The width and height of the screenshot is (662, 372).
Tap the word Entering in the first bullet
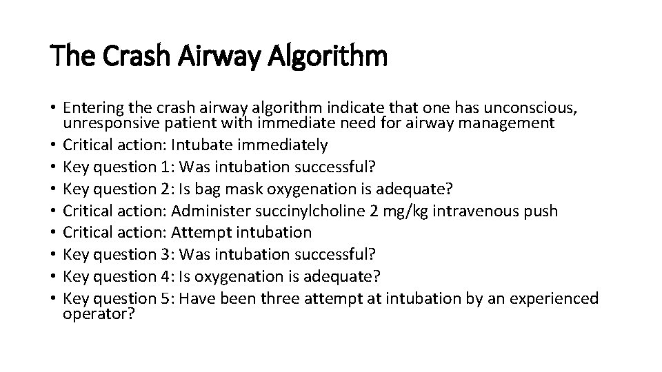pyautogui.click(x=90, y=108)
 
